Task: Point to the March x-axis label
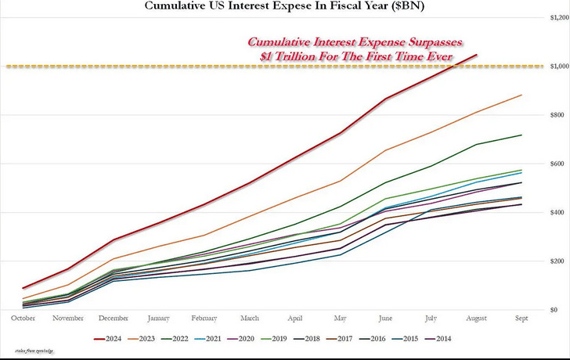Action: click(251, 319)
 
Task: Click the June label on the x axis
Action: click(385, 319)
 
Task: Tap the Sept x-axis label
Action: click(521, 319)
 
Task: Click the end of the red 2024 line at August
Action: click(477, 55)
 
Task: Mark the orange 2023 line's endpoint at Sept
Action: click(521, 95)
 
